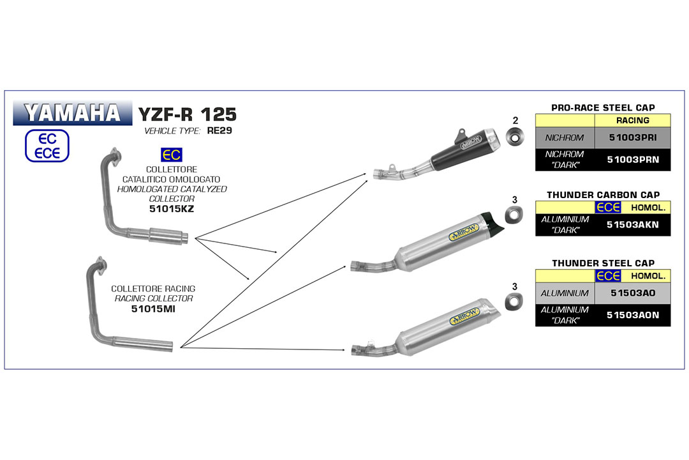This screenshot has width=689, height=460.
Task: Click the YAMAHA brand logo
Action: (x=73, y=113)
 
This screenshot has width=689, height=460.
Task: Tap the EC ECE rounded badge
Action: (x=47, y=146)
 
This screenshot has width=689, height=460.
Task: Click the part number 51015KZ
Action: (x=172, y=209)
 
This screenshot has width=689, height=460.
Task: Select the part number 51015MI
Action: (x=153, y=309)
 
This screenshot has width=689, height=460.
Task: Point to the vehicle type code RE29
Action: (x=219, y=131)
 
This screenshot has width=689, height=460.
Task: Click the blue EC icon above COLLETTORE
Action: (x=172, y=155)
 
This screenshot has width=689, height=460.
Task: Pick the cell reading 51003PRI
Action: (x=633, y=138)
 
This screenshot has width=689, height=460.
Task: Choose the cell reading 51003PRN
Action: (x=633, y=160)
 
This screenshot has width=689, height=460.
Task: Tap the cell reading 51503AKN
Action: (x=633, y=225)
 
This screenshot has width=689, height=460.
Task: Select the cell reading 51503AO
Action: (x=633, y=293)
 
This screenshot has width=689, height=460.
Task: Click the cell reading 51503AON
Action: (x=633, y=315)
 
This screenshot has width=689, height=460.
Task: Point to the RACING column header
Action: (x=633, y=121)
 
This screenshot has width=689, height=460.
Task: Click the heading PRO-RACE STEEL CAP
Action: (x=603, y=108)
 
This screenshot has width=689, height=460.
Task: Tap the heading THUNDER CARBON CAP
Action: (x=604, y=195)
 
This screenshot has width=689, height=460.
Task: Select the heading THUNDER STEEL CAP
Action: (x=604, y=263)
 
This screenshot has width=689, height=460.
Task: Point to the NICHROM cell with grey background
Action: (x=565, y=138)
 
